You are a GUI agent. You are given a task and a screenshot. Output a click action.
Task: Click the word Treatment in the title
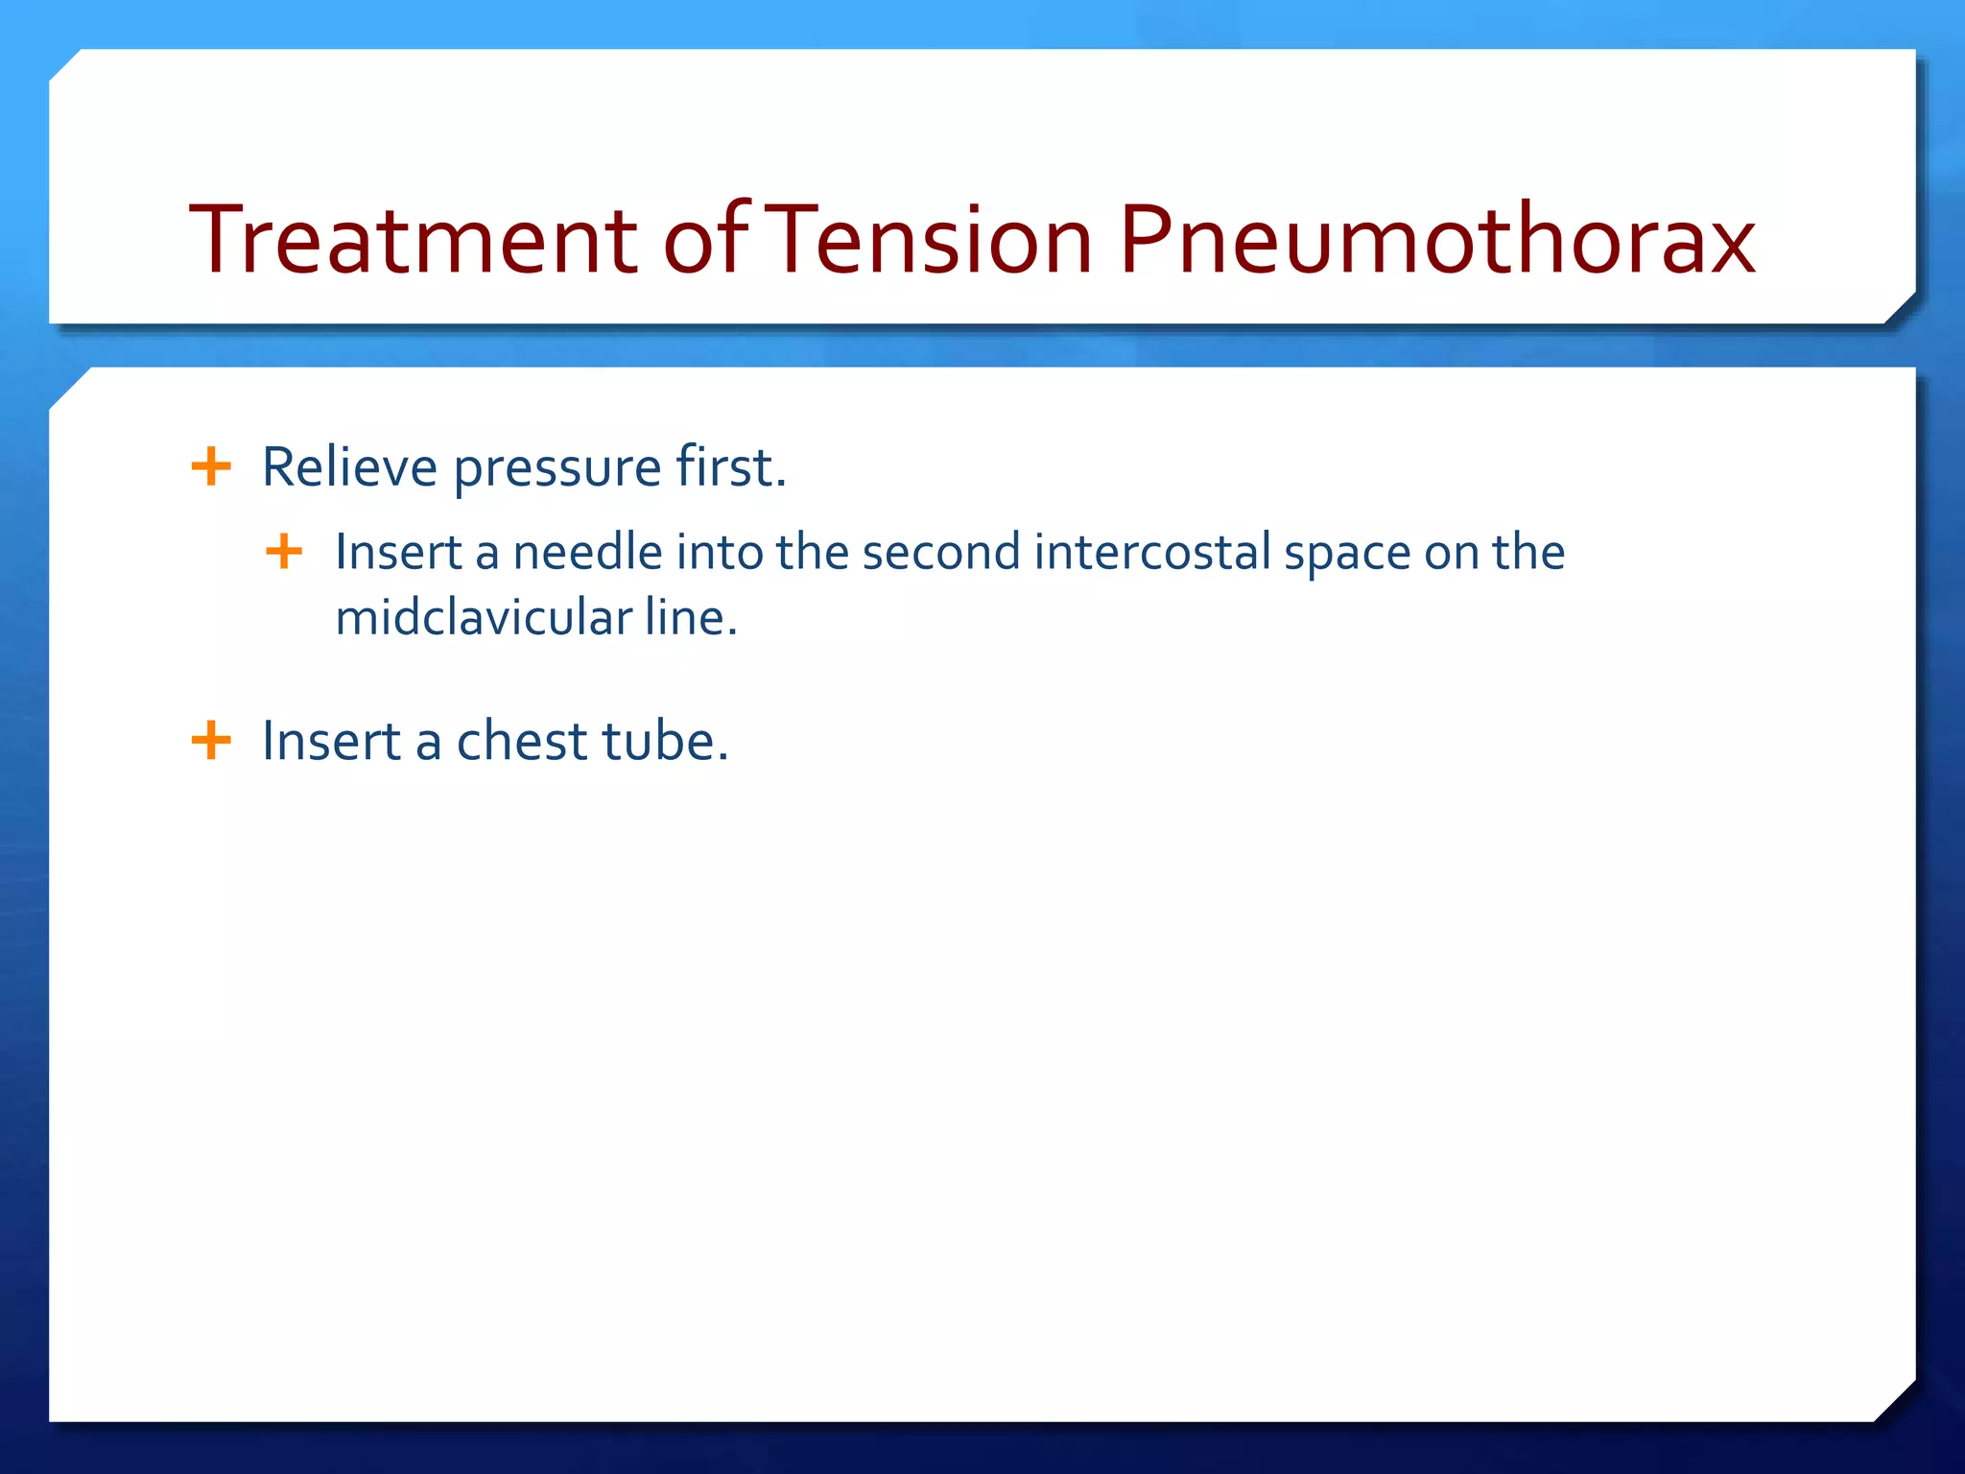tap(413, 240)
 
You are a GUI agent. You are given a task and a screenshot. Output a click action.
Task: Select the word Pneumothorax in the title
tap(1436, 240)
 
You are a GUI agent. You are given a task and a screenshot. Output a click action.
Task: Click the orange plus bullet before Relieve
tap(211, 467)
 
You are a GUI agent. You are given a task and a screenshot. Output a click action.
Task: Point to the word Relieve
tap(349, 467)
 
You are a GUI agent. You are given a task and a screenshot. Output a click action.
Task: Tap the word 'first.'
tap(731, 467)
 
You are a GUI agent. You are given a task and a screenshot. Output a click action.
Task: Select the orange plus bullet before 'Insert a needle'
tap(284, 552)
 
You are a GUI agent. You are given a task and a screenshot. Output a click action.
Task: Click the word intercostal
tap(1152, 553)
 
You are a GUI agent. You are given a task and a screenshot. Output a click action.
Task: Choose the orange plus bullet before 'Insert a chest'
tap(211, 741)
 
